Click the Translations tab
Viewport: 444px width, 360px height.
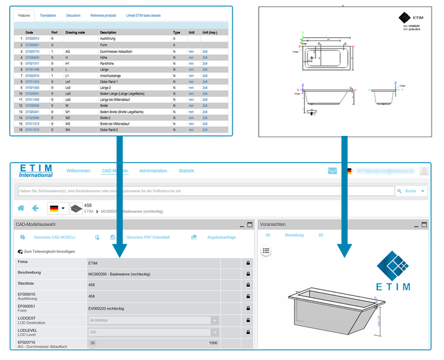pos(48,15)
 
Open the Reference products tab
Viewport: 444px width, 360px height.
pos(104,15)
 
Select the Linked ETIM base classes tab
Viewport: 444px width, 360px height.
pos(144,15)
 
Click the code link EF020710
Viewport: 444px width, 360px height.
pos(33,50)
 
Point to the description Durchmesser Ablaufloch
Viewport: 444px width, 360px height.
pos(118,50)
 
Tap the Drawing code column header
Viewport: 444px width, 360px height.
pos(76,31)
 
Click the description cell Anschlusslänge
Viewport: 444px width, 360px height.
pos(111,75)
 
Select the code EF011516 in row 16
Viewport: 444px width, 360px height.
pos(33,129)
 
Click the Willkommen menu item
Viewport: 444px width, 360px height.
pos(78,171)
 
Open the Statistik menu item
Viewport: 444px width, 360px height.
pos(187,171)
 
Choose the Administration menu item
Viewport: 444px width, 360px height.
pos(153,171)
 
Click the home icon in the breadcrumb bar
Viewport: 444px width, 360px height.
pos(21,208)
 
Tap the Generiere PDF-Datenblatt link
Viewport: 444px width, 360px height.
pos(148,237)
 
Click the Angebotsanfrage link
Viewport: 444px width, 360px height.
pos(221,237)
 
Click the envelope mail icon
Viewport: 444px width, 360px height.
pos(333,171)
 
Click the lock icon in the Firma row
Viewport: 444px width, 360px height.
pos(248,263)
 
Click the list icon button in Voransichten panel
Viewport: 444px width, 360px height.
pos(266,250)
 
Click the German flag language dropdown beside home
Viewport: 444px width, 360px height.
pos(57,208)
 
